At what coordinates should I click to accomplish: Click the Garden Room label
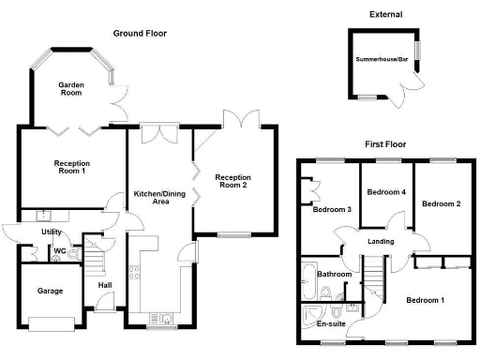[72, 89]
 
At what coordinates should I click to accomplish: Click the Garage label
[51, 292]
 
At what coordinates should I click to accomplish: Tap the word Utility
[51, 232]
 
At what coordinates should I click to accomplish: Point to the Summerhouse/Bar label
[382, 61]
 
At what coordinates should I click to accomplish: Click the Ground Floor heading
[140, 33]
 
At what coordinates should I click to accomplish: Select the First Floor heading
[386, 144]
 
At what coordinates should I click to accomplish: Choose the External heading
[385, 14]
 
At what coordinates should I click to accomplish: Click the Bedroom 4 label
[385, 192]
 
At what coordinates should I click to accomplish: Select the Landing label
[380, 242]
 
